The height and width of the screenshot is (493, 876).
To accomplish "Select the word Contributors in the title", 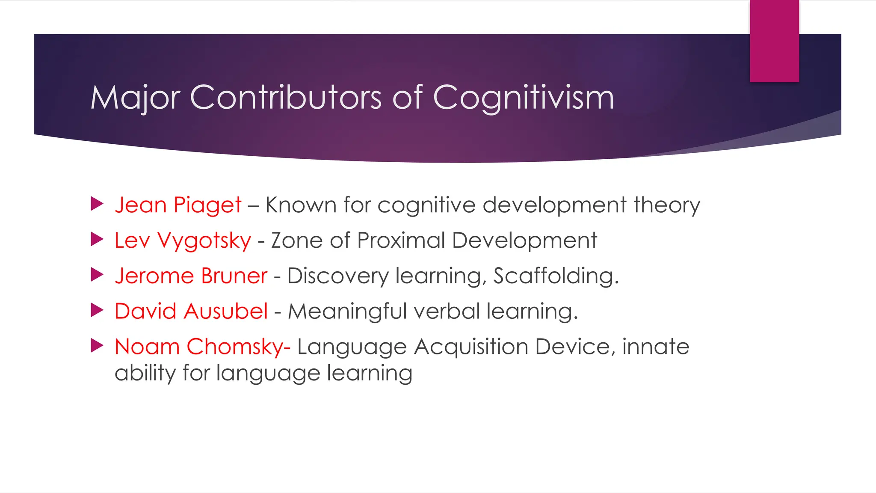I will (x=285, y=98).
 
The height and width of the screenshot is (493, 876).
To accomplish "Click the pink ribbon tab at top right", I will (x=774, y=41).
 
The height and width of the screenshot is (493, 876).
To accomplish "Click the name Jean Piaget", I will (x=178, y=205).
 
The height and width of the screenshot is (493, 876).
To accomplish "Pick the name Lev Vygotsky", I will (x=183, y=241).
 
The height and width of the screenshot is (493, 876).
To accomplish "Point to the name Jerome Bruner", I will (x=191, y=276).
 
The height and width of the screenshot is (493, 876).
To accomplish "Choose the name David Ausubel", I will (x=191, y=311).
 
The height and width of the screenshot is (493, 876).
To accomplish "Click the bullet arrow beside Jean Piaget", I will (x=97, y=204).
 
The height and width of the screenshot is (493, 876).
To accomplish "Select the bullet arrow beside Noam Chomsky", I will (x=97, y=346).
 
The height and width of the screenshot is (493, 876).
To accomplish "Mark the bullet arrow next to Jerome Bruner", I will (x=97, y=275).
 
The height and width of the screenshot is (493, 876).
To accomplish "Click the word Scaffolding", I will (x=556, y=276).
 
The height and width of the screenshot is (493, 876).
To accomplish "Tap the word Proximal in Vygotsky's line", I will (x=401, y=241).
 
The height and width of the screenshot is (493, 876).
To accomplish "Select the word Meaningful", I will (x=347, y=312).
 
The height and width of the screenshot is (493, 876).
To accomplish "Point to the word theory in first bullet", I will (x=667, y=205).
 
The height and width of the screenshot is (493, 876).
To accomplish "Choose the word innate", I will (x=655, y=347).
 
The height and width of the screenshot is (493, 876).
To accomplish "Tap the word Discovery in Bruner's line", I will (x=337, y=276).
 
